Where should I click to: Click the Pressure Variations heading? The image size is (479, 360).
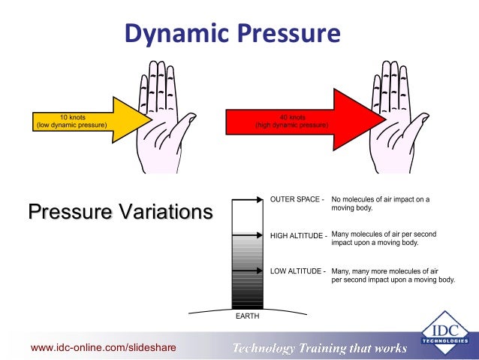click(119, 211)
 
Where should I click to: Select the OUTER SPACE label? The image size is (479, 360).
click(297, 200)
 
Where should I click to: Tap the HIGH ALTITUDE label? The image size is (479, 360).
click(298, 235)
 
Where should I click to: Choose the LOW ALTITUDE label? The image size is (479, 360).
click(297, 271)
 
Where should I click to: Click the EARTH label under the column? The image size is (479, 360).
click(247, 316)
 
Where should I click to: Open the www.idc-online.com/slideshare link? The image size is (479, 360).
click(93, 347)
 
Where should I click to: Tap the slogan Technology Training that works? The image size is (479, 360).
click(319, 348)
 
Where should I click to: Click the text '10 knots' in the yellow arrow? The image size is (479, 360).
click(71, 116)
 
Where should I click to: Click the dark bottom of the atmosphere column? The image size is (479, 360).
click(247, 297)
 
